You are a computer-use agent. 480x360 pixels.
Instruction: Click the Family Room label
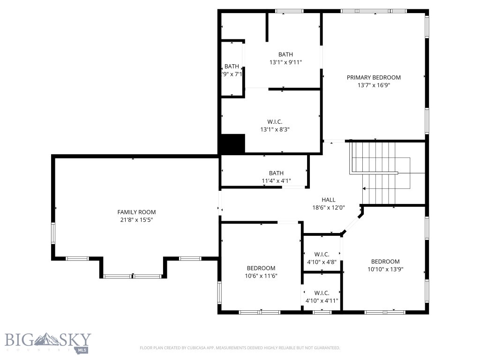(x=136, y=212)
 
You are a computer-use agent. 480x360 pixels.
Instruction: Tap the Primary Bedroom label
(x=374, y=77)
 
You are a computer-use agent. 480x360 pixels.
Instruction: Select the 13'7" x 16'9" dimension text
(x=374, y=85)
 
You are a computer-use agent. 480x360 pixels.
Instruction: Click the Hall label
(x=328, y=200)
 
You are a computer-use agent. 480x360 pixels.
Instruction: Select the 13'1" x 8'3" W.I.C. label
(x=274, y=129)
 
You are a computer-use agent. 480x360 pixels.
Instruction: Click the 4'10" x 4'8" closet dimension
(x=322, y=262)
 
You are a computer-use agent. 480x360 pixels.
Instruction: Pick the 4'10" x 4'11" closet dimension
(x=322, y=300)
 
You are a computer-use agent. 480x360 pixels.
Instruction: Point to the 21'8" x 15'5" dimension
(x=136, y=220)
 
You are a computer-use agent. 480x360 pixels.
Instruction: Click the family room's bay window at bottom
(x=133, y=277)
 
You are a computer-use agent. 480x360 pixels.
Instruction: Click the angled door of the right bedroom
(x=352, y=224)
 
